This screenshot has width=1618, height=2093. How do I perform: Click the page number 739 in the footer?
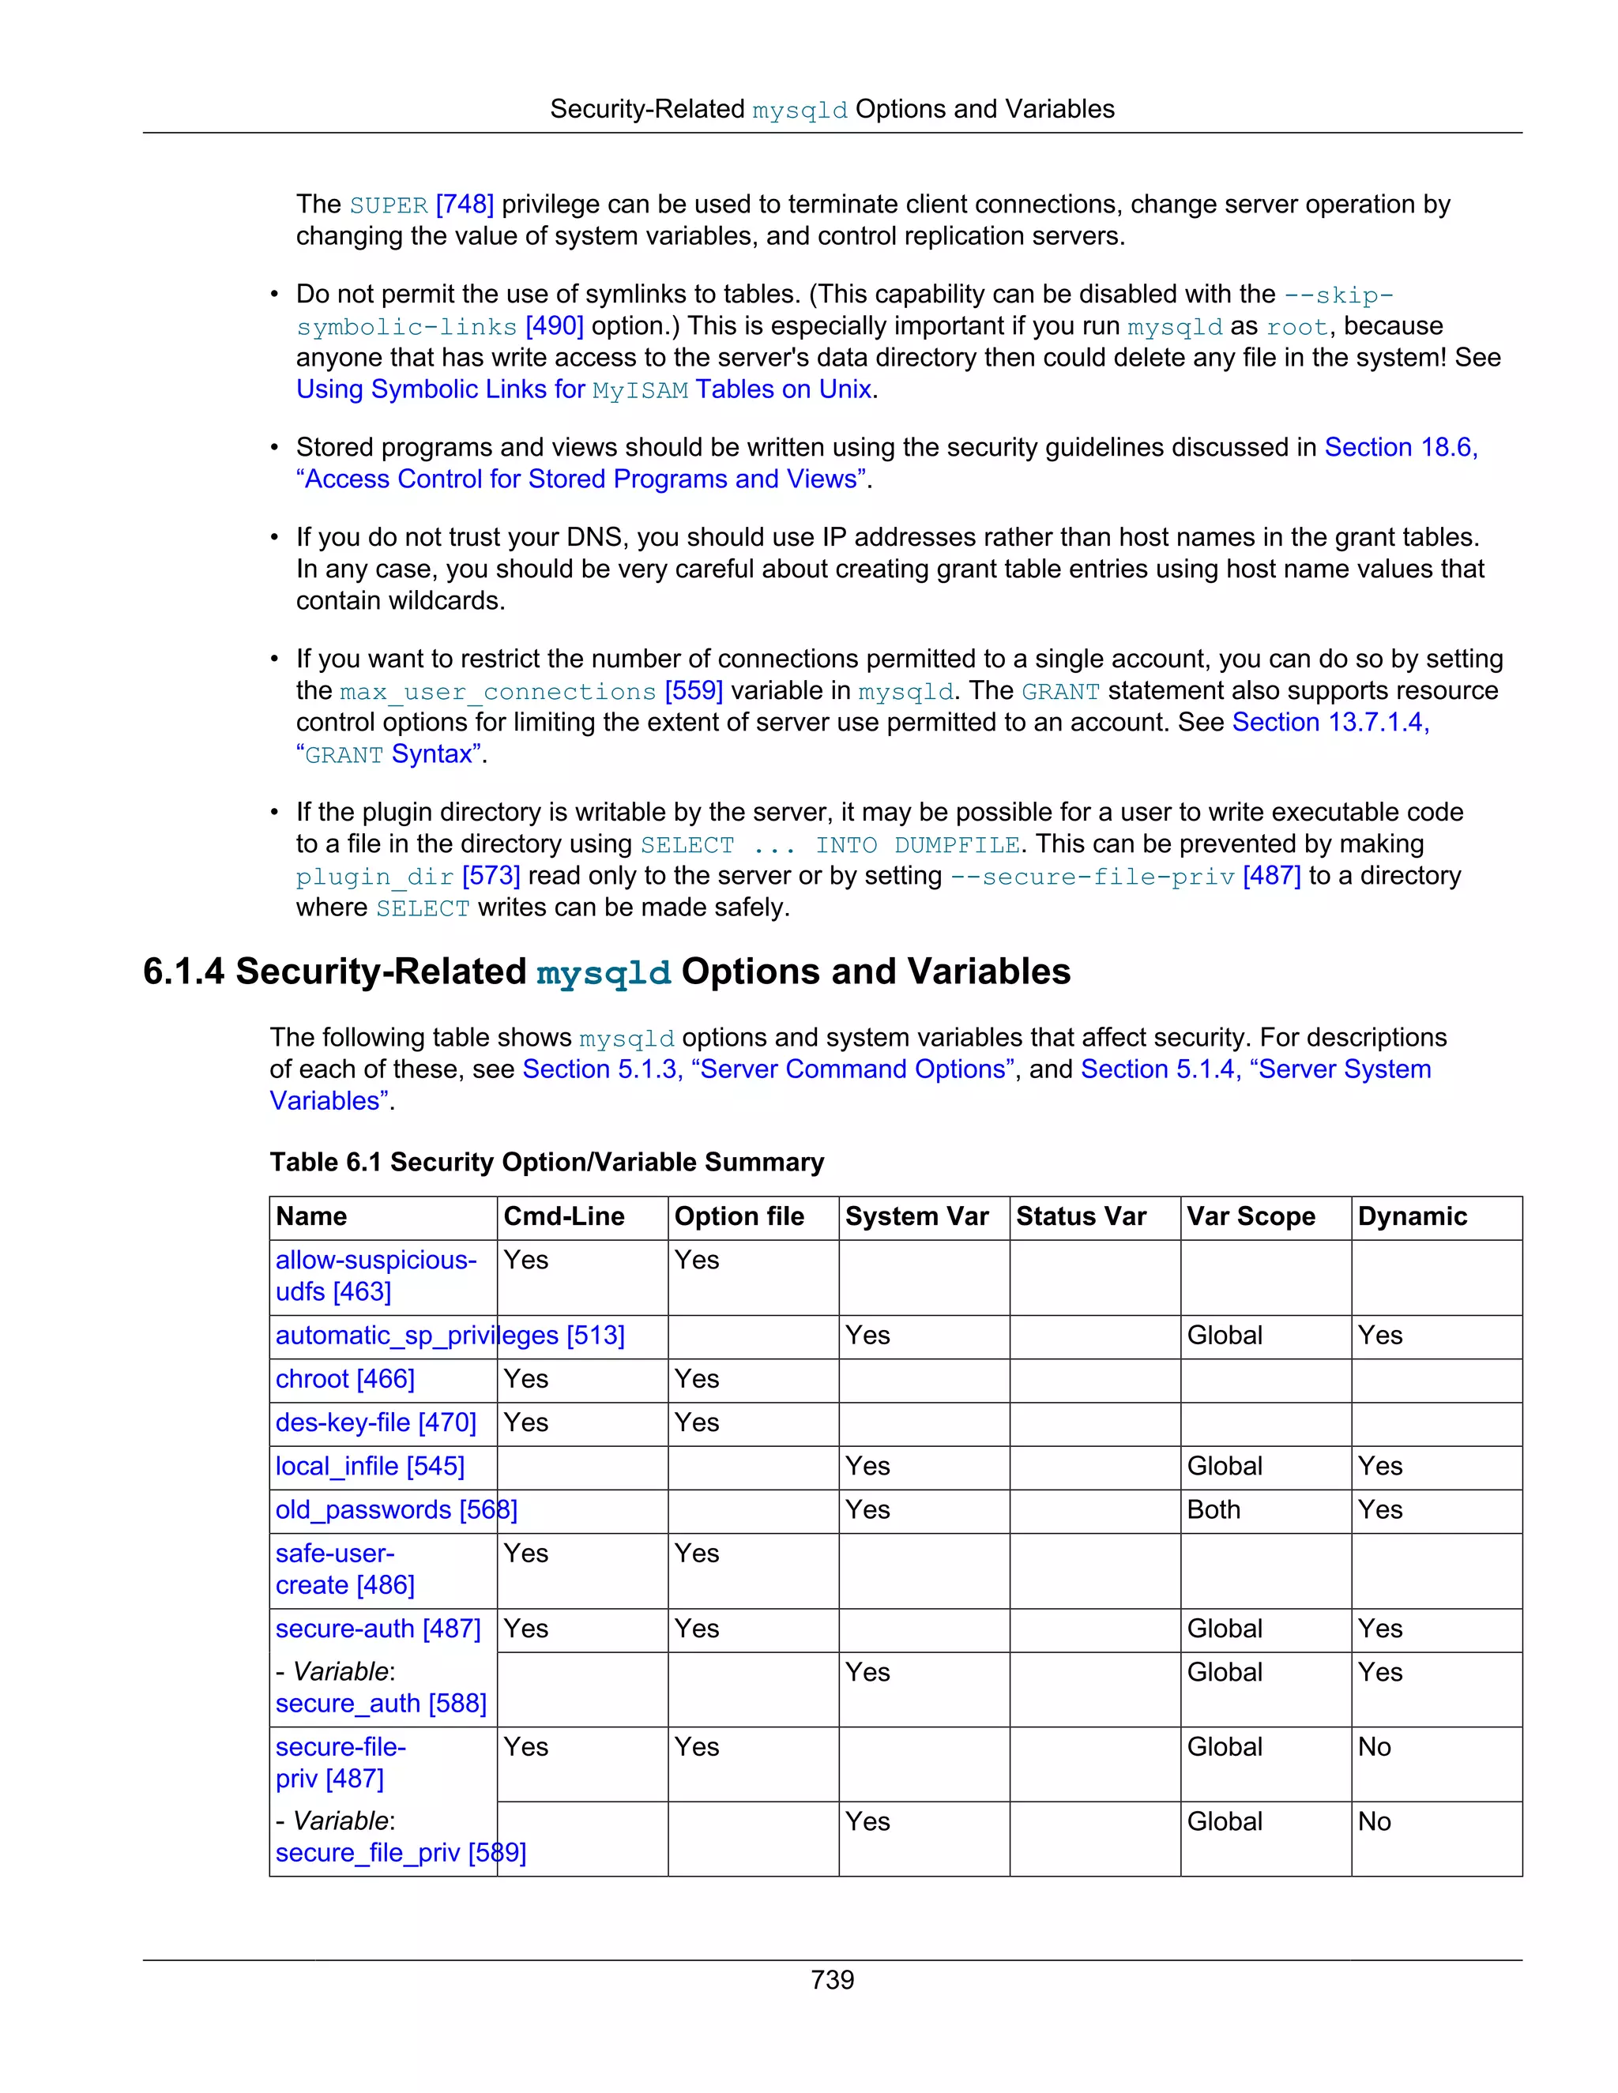click(x=831, y=1979)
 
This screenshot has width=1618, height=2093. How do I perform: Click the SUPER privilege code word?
click(x=388, y=206)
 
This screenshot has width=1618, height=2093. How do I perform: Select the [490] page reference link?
click(x=554, y=326)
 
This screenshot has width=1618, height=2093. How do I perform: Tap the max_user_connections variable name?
click(x=498, y=692)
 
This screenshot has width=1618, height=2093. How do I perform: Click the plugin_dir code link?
click(x=374, y=877)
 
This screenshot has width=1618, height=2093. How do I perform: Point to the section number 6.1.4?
click(x=183, y=971)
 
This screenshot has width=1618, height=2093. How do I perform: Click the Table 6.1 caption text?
click(x=547, y=1162)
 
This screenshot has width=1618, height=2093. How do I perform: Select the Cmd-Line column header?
click(x=563, y=1216)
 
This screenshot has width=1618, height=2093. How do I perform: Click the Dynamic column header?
click(x=1412, y=1216)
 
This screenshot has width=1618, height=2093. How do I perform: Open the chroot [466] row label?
click(x=345, y=1379)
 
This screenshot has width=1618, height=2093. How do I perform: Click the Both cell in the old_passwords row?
click(x=1213, y=1509)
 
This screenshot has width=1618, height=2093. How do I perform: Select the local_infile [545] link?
click(x=370, y=1466)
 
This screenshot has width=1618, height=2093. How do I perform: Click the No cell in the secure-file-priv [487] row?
click(x=1374, y=1747)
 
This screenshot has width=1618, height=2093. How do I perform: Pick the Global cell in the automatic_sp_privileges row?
click(x=1224, y=1335)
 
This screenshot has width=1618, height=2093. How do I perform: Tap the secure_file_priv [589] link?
click(x=401, y=1852)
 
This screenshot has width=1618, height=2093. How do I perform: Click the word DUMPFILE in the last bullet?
click(x=956, y=845)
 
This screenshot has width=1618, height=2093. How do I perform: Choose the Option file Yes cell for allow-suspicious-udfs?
click(x=696, y=1261)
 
